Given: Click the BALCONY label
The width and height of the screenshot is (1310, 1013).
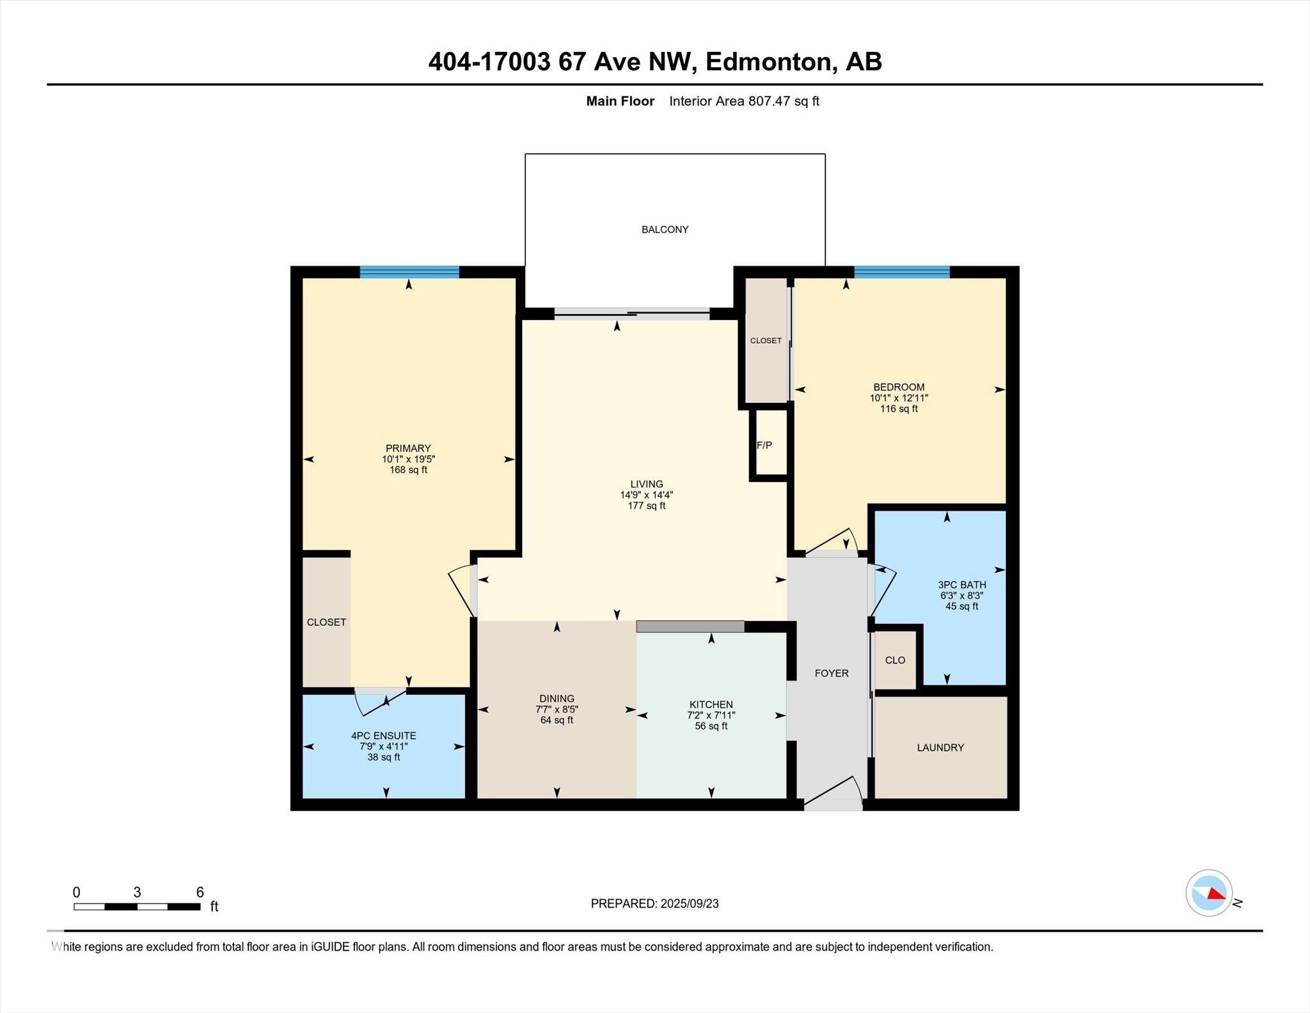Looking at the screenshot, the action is point(665,230).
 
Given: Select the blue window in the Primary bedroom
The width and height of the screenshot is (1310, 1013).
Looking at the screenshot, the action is point(409,272).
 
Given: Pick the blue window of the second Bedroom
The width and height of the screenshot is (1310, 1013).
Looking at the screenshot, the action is point(902,272).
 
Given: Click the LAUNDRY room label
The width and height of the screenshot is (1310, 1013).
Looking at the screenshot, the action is point(940,747).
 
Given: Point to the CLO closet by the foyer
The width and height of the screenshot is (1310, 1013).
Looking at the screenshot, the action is point(895,660).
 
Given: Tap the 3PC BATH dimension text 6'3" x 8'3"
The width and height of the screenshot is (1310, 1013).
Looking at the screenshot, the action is point(961,596).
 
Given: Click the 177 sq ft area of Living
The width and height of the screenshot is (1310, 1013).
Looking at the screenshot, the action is point(647,506).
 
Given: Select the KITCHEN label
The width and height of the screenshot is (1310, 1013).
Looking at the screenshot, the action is point(711,705).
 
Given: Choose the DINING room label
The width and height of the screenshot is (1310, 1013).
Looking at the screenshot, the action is point(556,699).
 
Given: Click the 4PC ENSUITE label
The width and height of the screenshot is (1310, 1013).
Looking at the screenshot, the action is point(384,736).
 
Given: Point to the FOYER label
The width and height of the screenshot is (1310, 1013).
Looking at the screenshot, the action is point(832,673).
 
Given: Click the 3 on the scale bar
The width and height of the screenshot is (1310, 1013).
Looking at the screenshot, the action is point(137,893).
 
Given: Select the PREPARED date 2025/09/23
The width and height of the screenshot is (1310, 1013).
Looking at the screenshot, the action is point(690,904).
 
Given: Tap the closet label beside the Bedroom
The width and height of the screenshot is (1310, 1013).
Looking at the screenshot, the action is point(766,340).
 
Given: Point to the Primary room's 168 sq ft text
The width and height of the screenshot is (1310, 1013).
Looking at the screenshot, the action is point(408,470).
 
